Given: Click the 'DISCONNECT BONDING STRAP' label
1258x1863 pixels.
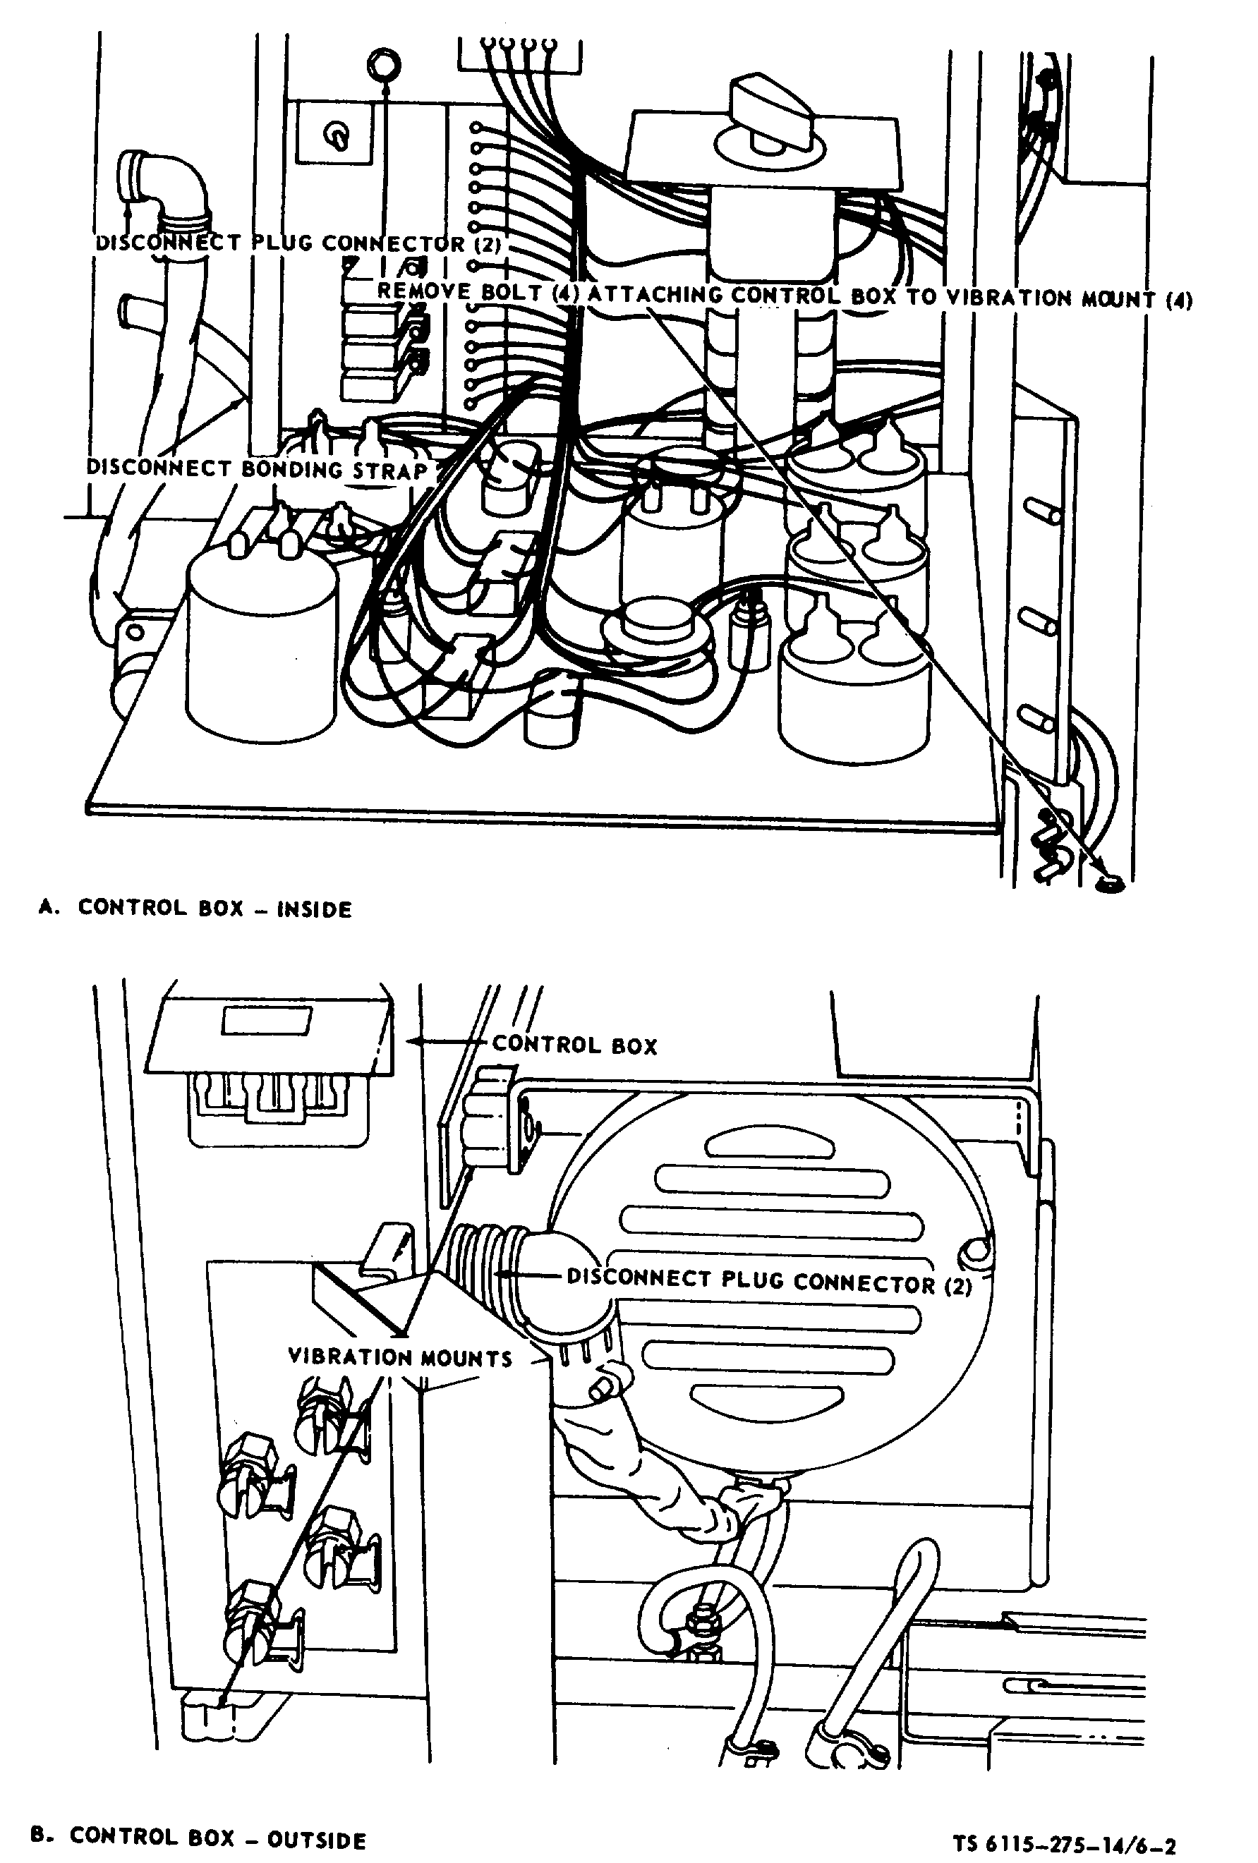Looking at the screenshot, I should point(257,469).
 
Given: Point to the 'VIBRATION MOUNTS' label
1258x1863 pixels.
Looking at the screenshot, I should point(399,1357).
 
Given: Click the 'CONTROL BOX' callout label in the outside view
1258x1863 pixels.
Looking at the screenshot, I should point(574,1045).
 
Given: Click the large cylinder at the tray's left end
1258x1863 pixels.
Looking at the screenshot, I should point(261,641).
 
